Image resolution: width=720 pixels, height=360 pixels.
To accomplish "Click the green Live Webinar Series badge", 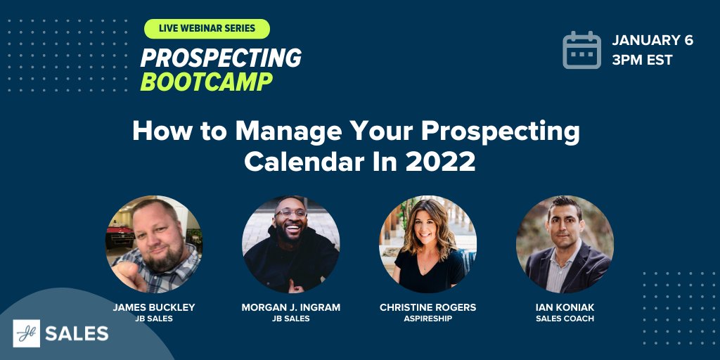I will (x=207, y=29).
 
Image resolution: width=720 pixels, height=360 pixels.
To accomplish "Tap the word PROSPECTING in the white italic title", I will (x=221, y=58).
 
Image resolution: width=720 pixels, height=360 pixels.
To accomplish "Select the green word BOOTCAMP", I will (x=206, y=82).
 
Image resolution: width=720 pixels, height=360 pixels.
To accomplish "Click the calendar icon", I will (x=581, y=50).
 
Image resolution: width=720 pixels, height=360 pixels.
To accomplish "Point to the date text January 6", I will (x=652, y=40).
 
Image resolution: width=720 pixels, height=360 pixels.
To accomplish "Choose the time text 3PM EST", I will (x=641, y=60).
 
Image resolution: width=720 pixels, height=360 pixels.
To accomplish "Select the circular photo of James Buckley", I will (x=154, y=244).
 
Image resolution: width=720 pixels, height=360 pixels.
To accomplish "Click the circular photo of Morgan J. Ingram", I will (x=290, y=244).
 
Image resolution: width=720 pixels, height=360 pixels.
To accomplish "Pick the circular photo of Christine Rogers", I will (x=427, y=244).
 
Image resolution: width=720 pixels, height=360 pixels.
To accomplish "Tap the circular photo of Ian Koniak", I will (x=565, y=244).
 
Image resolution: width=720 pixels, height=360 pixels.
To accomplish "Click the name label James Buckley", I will (x=153, y=307).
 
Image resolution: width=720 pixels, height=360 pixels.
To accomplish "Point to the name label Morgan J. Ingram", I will (x=290, y=307).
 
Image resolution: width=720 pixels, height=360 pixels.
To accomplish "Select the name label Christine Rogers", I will (x=427, y=307).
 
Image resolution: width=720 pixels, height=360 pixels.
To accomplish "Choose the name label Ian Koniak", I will (x=565, y=307).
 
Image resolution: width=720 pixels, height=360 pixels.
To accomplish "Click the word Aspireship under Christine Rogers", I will (x=427, y=319).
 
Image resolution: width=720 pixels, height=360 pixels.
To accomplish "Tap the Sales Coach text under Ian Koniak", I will (x=565, y=319).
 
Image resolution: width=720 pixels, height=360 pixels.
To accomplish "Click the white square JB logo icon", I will (x=26, y=333).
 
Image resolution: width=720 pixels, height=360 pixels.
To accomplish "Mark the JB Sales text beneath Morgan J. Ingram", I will (x=290, y=319).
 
